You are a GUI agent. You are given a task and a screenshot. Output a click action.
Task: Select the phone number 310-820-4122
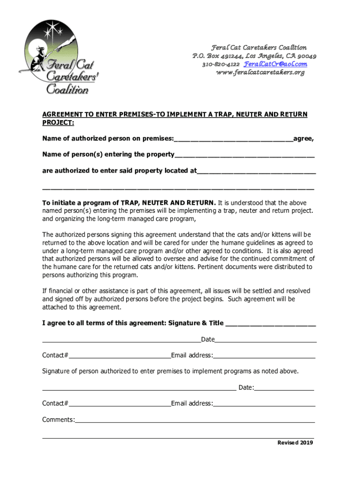[221, 64]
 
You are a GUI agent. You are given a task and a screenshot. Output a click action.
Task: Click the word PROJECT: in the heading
[58, 123]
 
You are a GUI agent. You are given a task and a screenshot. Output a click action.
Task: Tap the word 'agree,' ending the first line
[303, 139]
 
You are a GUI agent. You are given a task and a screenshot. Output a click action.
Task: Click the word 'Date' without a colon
[208, 339]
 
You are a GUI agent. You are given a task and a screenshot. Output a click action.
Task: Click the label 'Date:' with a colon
[246, 387]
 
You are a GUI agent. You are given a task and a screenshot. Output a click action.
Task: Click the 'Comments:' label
[58, 420]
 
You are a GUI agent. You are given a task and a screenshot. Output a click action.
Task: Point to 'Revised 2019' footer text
[295, 443]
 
